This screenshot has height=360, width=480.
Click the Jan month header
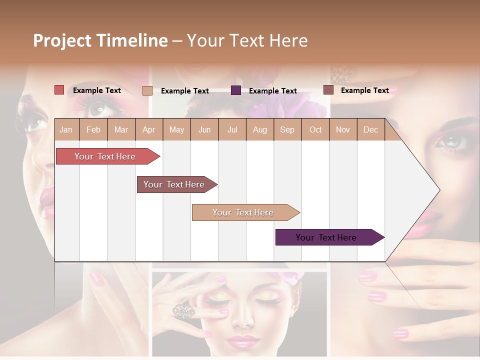(66, 129)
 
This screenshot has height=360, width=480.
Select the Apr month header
(148, 129)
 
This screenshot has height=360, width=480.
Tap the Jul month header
(232, 129)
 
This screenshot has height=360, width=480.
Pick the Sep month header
(287, 129)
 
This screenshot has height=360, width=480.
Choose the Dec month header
(370, 129)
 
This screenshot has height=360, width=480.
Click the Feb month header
(93, 129)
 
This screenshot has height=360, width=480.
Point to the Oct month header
(315, 129)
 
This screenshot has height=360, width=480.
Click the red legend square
(59, 90)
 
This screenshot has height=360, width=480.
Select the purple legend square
(236, 90)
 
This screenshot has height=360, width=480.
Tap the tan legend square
(147, 90)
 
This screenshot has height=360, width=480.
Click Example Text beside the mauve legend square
(364, 90)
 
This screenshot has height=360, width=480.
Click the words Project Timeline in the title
(100, 40)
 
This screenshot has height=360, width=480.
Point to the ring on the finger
(183, 311)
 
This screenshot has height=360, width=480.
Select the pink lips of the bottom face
(241, 341)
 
